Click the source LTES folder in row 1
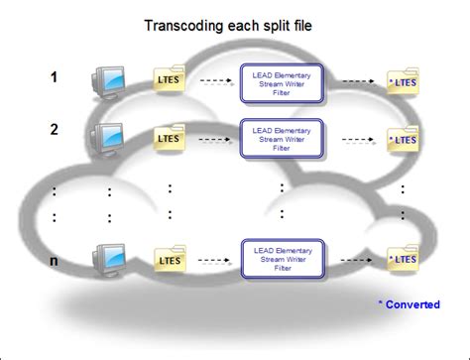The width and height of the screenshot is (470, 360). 170,80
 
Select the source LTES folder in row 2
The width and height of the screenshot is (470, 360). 170,138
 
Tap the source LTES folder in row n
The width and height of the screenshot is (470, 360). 170,260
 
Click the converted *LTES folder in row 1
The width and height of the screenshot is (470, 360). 402,81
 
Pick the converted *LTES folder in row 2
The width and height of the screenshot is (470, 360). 402,138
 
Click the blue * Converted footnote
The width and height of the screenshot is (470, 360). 408,304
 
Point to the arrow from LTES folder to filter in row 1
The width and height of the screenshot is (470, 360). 212,82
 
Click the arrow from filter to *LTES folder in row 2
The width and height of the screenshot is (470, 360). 354,139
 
